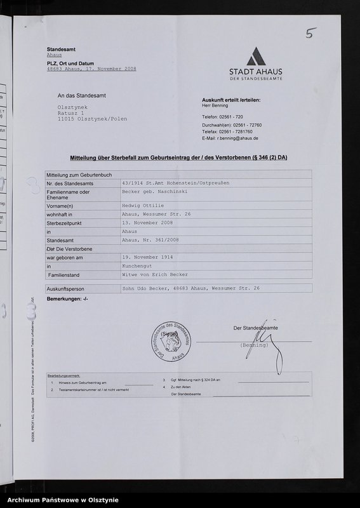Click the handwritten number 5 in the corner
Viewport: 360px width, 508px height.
(310, 33)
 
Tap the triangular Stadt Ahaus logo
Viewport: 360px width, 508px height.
(256, 57)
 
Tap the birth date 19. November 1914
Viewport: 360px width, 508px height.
(148, 259)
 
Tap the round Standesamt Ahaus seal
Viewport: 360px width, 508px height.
(169, 344)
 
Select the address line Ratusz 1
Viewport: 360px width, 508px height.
(71, 112)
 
